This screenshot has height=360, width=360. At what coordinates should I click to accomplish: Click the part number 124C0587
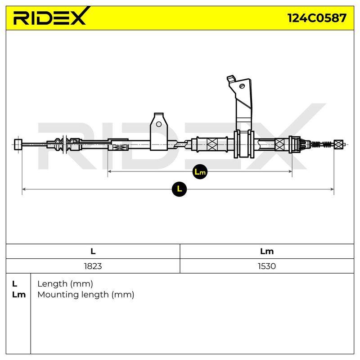pos(317,18)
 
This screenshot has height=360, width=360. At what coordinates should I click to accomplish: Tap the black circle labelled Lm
pos(200,171)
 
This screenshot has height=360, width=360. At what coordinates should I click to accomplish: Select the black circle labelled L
pos(179,189)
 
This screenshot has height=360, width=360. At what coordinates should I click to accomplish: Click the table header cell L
pos(93,252)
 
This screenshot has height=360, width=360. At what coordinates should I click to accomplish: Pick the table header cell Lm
pos(267,252)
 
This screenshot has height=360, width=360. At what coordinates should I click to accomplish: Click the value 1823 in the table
pos(93,266)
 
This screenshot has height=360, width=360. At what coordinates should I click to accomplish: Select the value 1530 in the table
pos(267,266)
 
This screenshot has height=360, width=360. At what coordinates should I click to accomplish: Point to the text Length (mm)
pos(65,284)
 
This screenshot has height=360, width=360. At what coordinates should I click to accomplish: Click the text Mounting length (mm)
pos(86,295)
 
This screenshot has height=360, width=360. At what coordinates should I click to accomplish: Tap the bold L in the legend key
pos(14,284)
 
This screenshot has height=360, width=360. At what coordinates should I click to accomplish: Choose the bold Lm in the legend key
pos(19,295)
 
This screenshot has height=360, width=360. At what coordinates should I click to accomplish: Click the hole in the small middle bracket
pos(159,125)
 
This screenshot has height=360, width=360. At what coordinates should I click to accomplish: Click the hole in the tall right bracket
pos(242,86)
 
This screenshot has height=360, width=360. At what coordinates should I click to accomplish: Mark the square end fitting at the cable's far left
pos(18,144)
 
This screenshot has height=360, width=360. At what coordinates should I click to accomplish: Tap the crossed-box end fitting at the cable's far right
pos(338,144)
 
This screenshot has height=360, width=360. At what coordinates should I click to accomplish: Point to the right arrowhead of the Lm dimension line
pos(290,171)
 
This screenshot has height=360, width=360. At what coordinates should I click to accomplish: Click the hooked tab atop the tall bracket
pos(231,79)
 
